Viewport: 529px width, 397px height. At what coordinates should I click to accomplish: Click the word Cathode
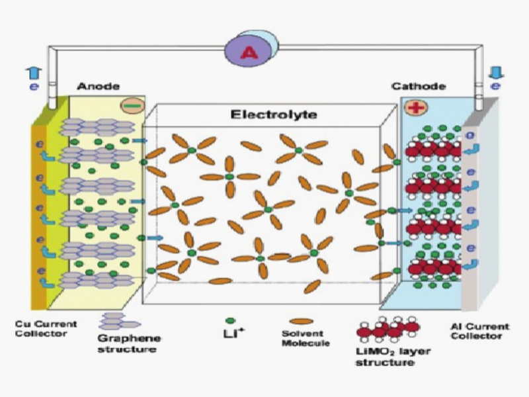coord(418,87)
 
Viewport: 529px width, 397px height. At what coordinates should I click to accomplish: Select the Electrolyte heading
coord(273,114)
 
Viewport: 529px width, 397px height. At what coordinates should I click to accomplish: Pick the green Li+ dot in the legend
coord(229,321)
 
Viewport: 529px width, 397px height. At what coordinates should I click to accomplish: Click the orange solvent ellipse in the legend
coord(301,322)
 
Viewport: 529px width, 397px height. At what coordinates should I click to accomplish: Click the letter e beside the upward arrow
coord(32,87)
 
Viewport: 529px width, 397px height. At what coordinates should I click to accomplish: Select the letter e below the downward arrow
coord(495,86)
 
